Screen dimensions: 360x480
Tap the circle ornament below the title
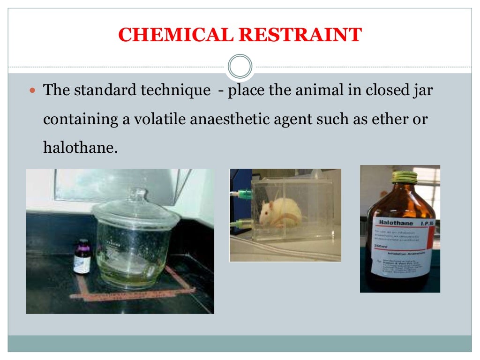point(240,66)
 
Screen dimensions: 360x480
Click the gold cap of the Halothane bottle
point(405,177)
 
